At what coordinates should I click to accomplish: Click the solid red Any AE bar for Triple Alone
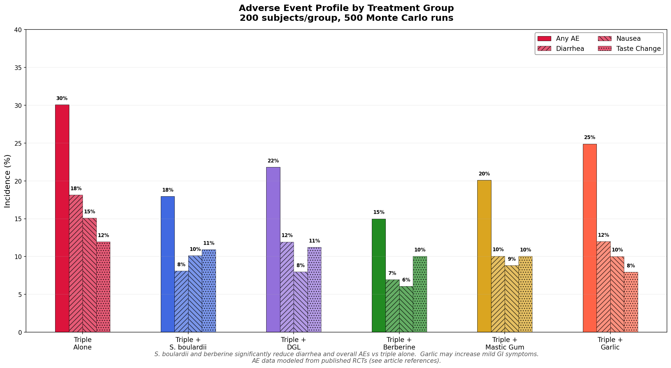click(x=62, y=218)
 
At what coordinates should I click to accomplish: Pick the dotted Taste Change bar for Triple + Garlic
click(x=631, y=302)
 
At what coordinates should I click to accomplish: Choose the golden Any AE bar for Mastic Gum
click(x=484, y=256)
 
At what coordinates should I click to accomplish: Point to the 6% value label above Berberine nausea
click(x=406, y=280)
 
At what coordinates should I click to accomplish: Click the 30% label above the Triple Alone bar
click(x=62, y=98)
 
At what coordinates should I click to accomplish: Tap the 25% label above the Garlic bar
click(x=590, y=137)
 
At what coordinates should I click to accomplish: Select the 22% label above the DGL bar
click(x=273, y=161)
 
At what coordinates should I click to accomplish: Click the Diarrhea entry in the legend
click(x=570, y=49)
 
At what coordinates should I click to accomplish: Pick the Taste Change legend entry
click(x=638, y=49)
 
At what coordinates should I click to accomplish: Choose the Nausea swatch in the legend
click(x=605, y=38)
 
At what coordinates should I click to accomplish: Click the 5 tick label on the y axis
click(x=20, y=295)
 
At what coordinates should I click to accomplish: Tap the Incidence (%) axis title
click(x=8, y=181)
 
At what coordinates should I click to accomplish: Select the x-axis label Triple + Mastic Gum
click(x=505, y=343)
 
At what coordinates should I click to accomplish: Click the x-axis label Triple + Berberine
click(x=399, y=343)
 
